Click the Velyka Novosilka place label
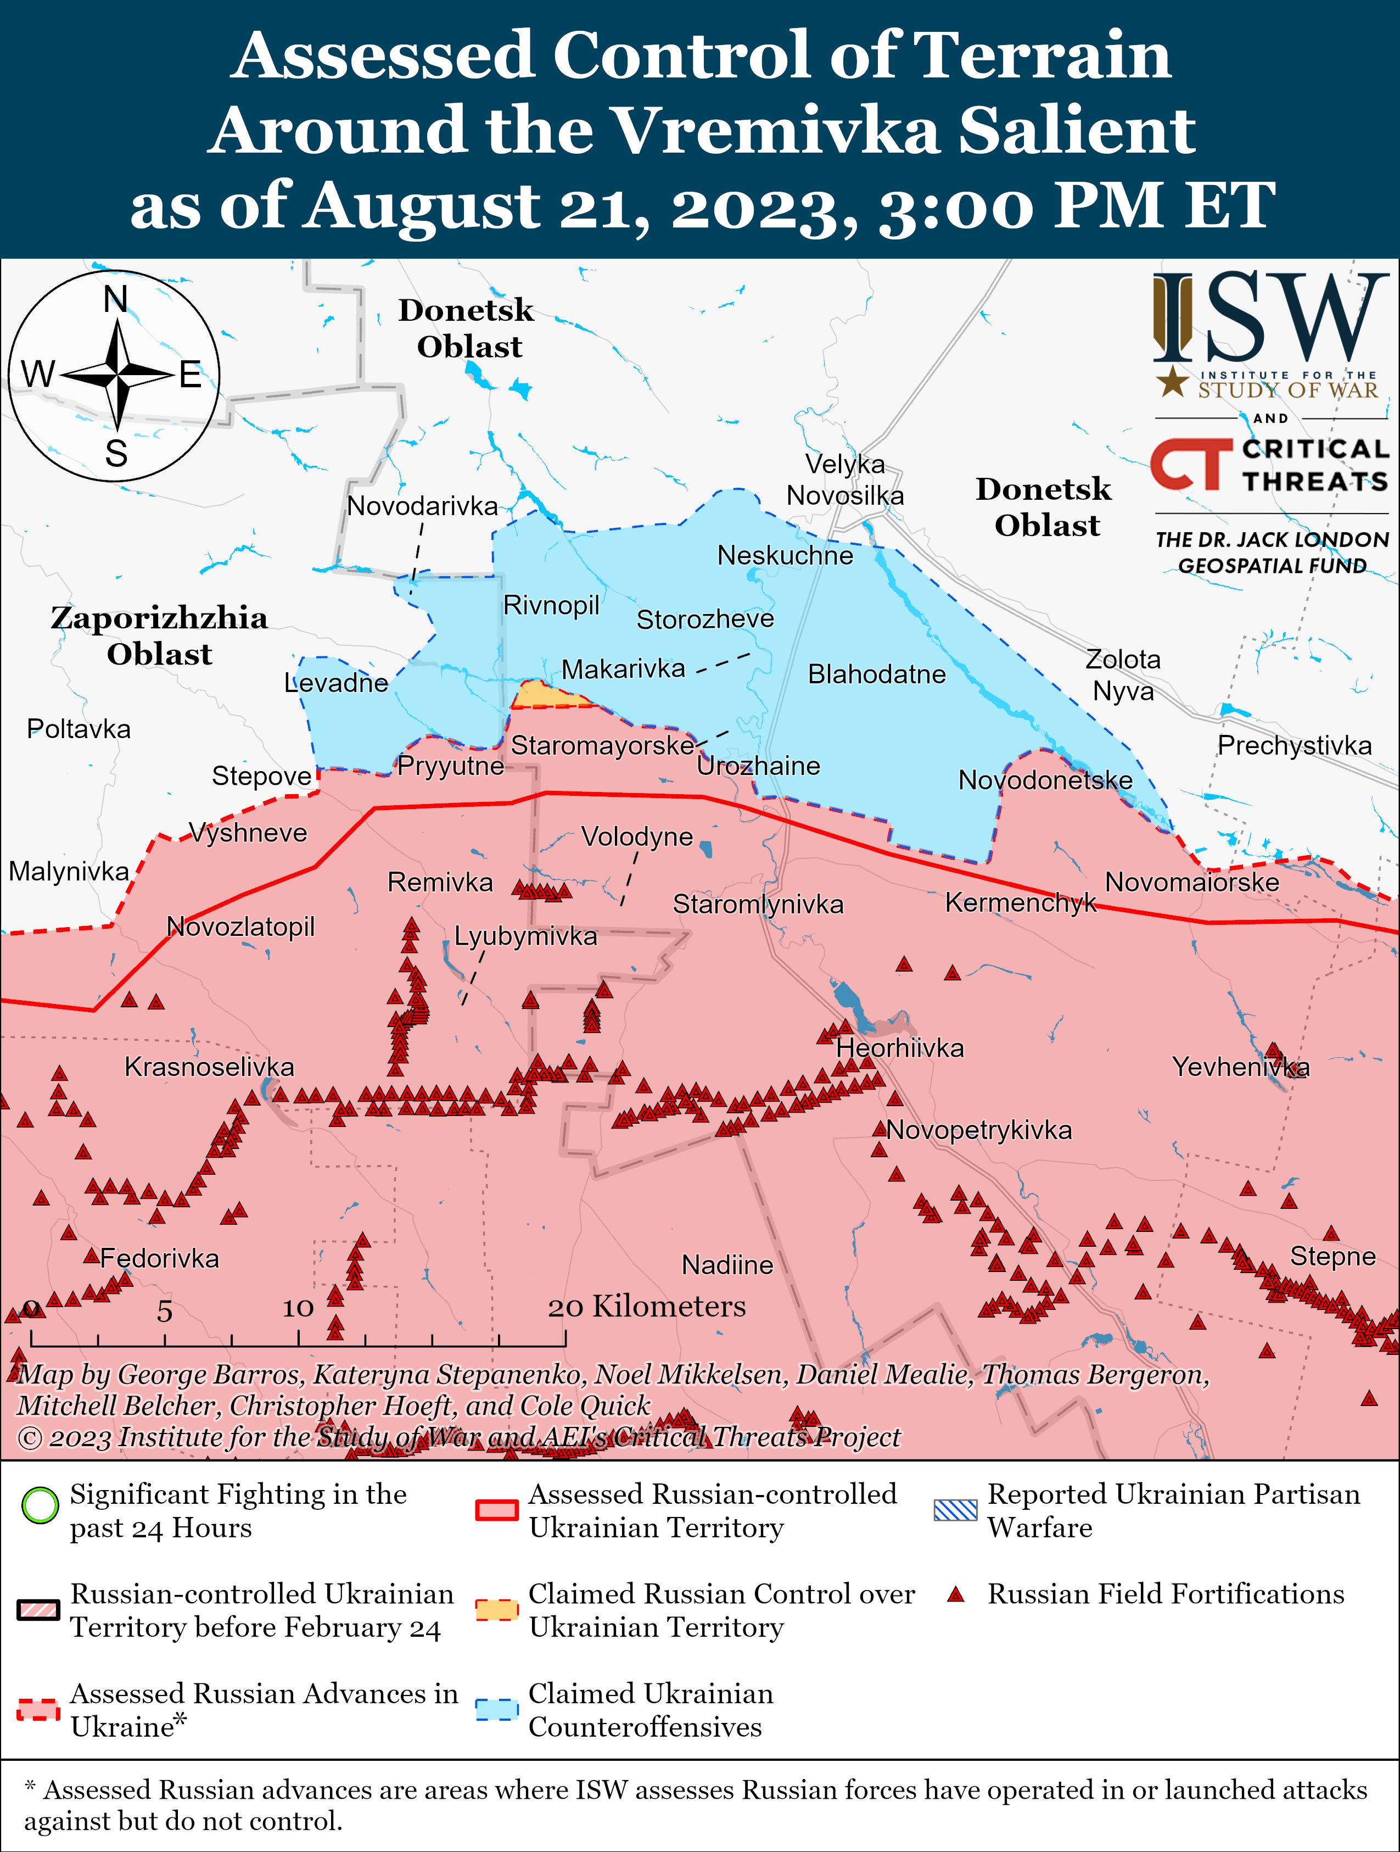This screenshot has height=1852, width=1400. [x=845, y=479]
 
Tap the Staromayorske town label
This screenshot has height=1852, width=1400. [x=602, y=745]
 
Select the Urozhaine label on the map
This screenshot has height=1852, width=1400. [x=758, y=765]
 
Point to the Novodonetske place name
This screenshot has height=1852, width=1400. [x=1045, y=780]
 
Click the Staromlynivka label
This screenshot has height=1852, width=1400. [x=758, y=904]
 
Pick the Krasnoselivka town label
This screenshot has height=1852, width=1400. [x=209, y=1067]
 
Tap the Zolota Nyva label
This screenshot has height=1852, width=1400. [x=1123, y=675]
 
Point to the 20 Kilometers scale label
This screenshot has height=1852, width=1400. [x=646, y=1306]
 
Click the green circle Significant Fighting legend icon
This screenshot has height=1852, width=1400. [x=40, y=1505]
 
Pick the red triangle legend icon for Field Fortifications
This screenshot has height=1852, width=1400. [x=956, y=1594]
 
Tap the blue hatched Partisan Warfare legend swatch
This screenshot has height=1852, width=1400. [x=955, y=1510]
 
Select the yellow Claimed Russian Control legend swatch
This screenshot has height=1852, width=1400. [x=497, y=1609]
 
